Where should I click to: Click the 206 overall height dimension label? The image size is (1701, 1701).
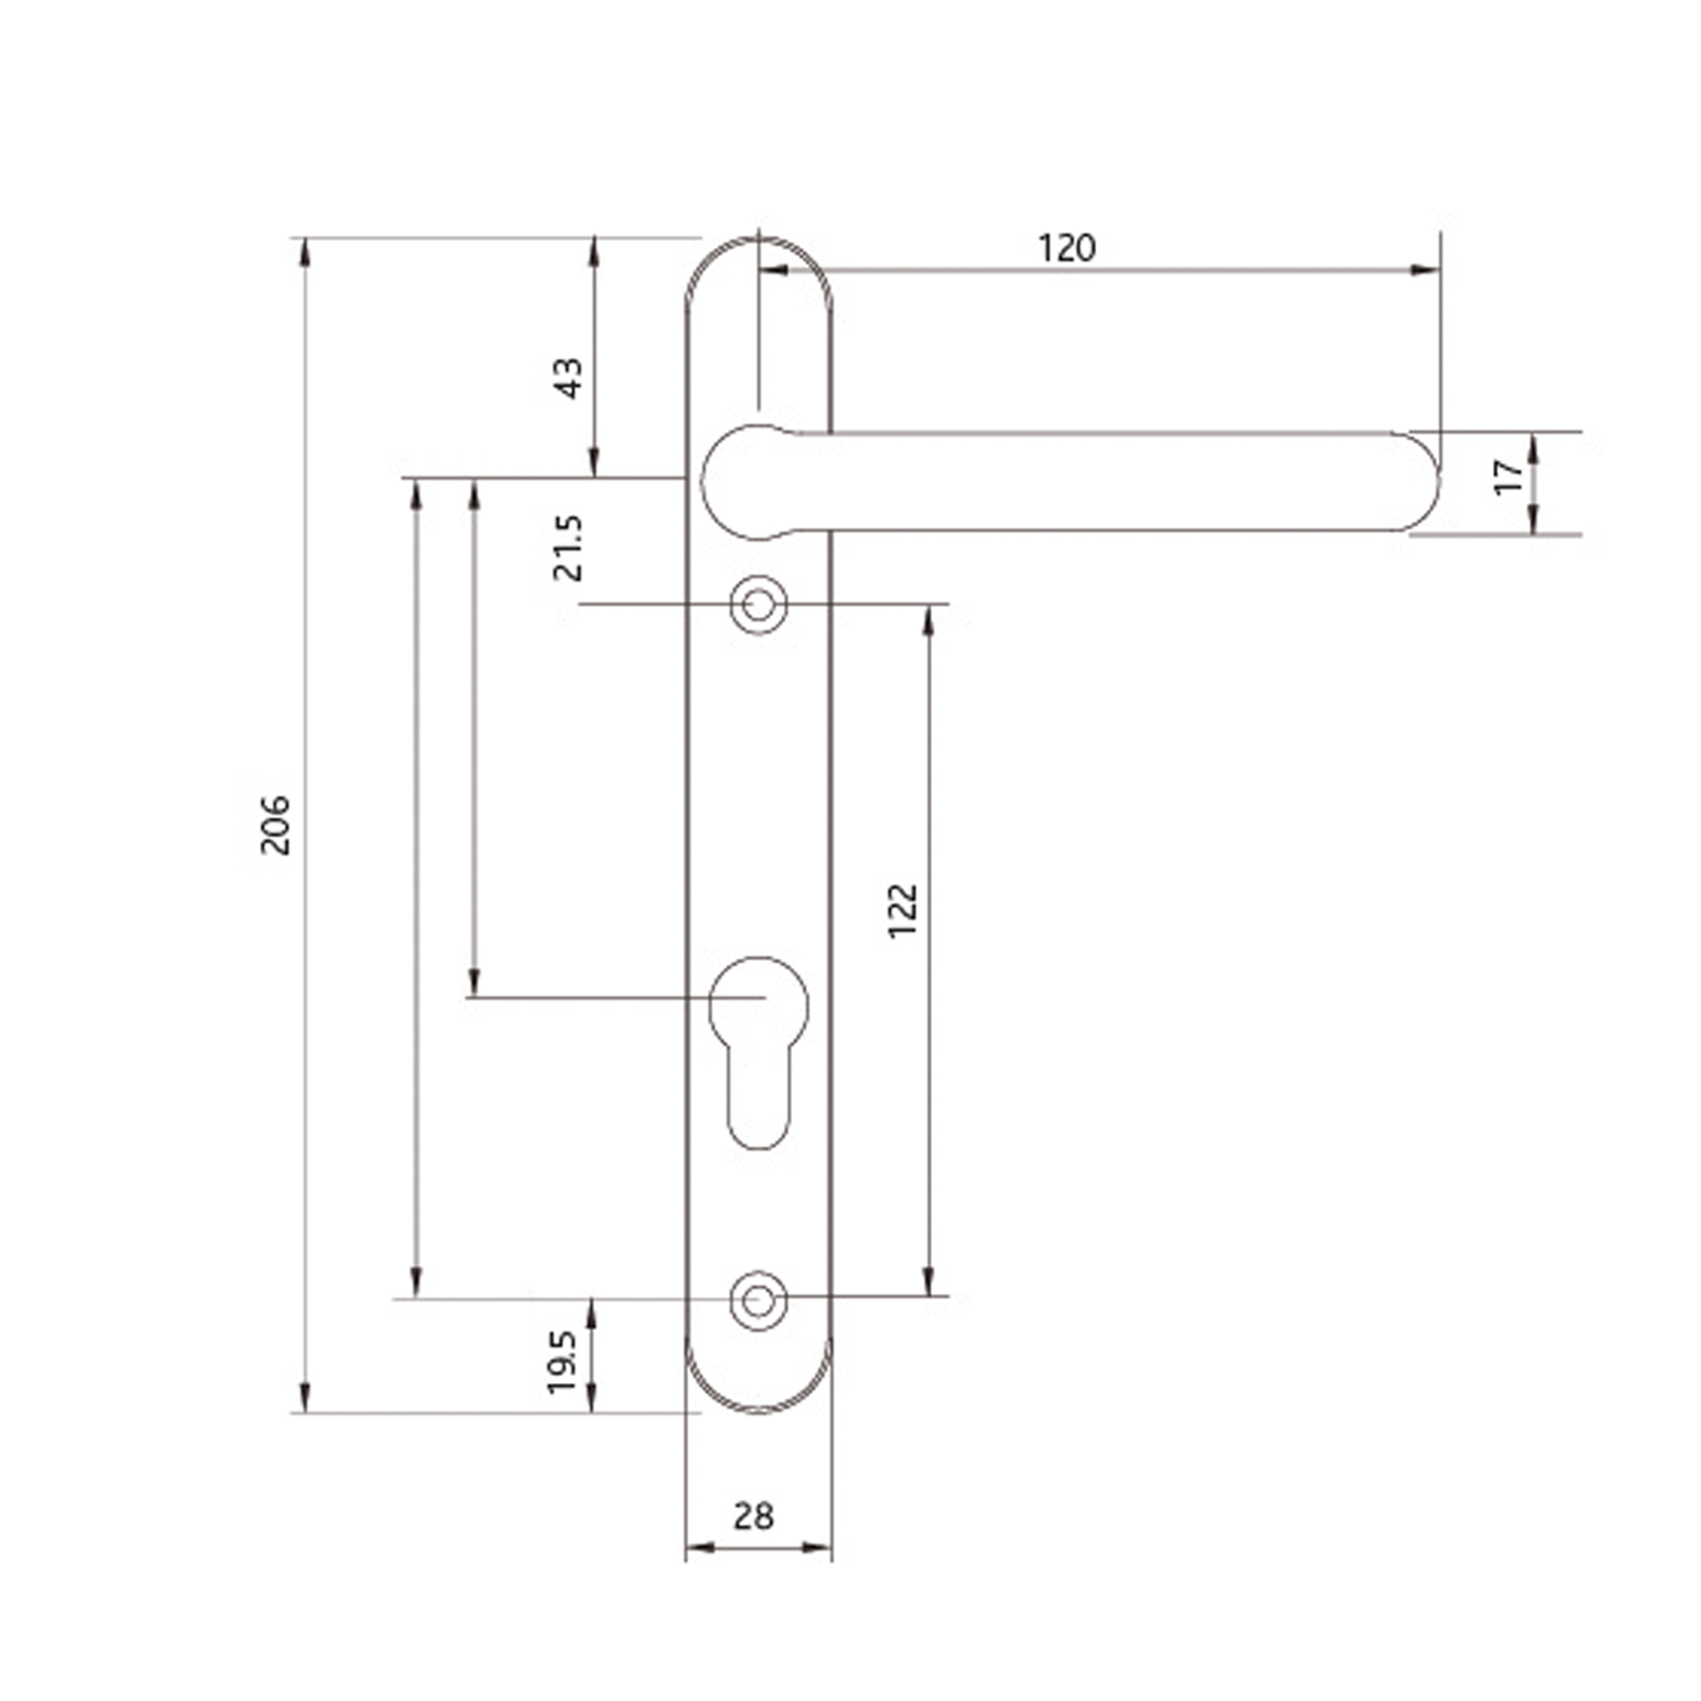pos(276,825)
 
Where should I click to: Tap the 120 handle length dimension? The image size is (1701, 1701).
pos(1067,249)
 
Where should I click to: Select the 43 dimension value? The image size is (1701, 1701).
pos(571,378)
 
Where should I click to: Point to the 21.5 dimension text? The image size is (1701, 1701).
pos(569,549)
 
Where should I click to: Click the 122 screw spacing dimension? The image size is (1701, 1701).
pos(904,911)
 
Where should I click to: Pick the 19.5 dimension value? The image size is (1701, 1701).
pos(562,1362)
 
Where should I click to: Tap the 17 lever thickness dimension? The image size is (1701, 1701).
pos(1510,477)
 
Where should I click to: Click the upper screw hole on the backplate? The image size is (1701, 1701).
pos(758,605)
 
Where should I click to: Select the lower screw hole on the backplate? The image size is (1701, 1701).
pos(758,1300)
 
